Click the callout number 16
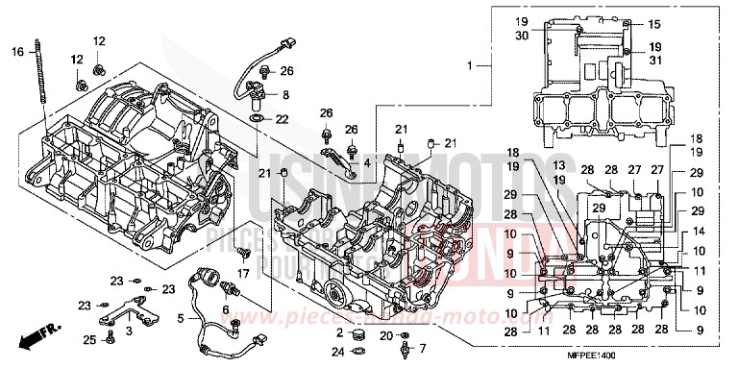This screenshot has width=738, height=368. click(16, 51)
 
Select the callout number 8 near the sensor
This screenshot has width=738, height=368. click(285, 94)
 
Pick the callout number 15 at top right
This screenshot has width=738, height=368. click(654, 23)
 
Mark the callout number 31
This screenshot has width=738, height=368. click(654, 60)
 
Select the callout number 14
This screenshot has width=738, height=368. click(698, 232)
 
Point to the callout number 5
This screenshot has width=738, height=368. click(182, 318)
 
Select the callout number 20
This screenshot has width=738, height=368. click(384, 335)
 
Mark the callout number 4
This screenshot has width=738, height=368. click(366, 163)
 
